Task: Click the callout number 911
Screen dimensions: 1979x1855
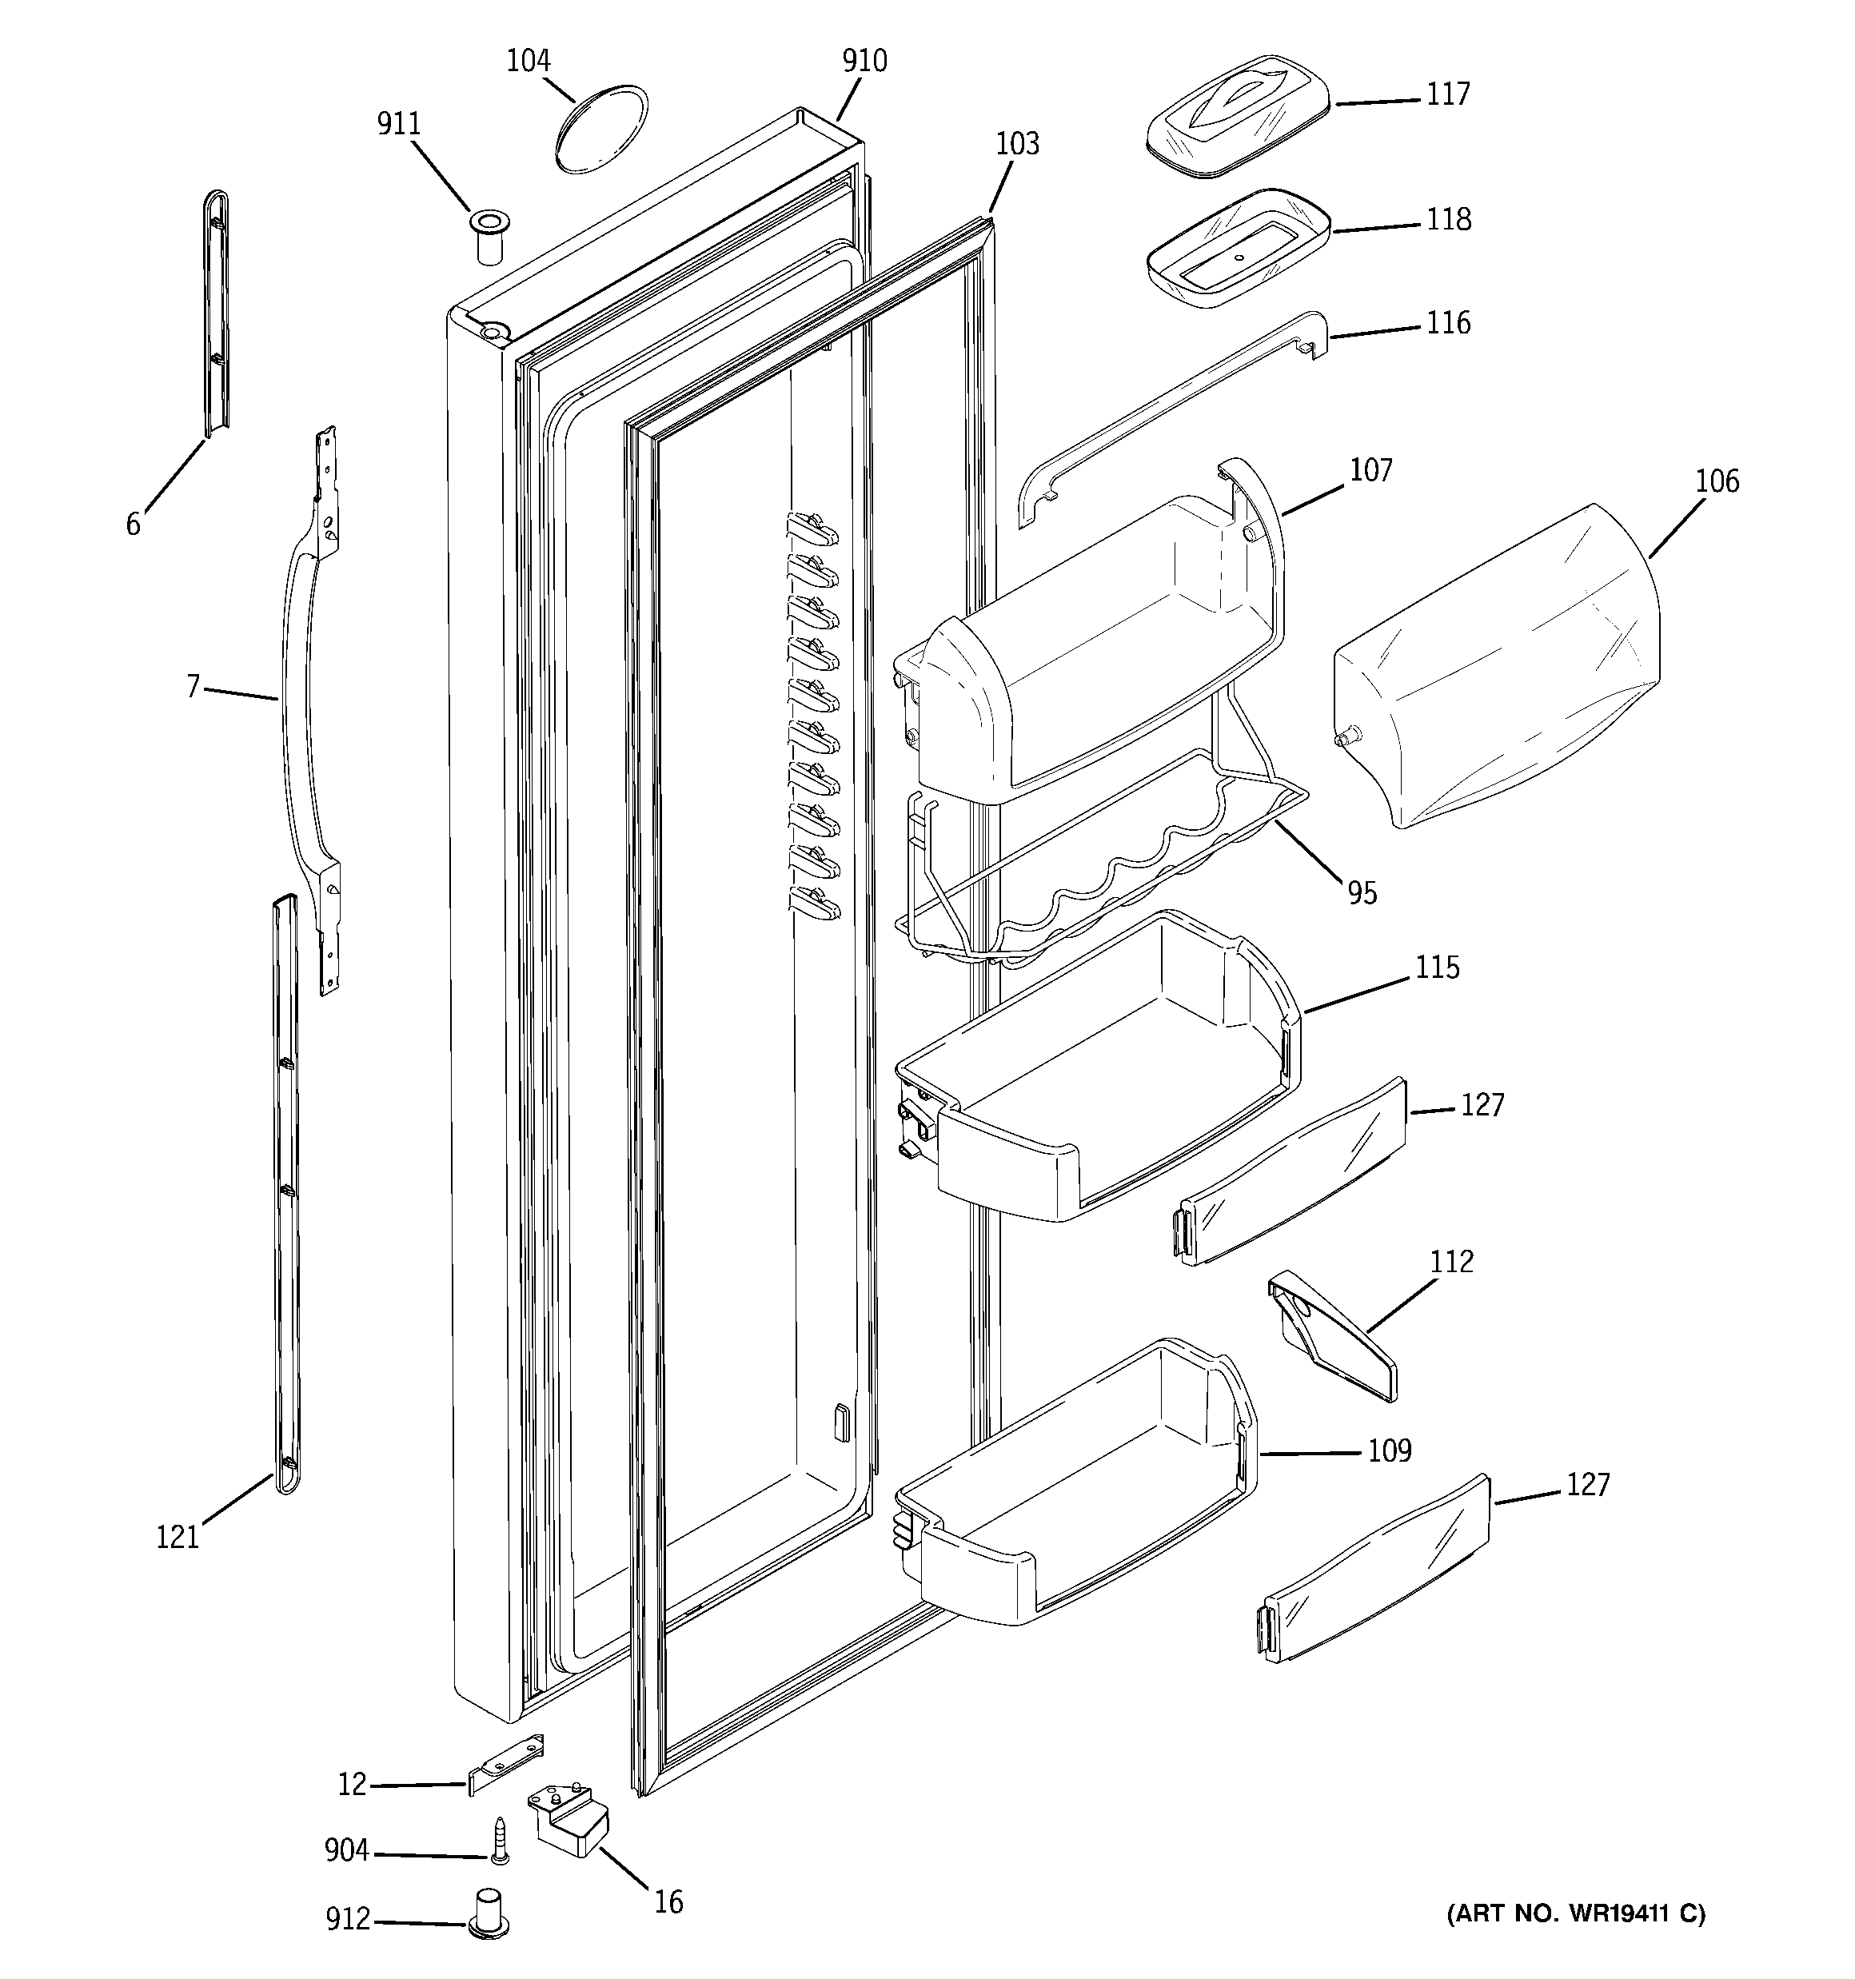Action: [x=398, y=125]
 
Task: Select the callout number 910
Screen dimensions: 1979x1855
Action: [x=864, y=62]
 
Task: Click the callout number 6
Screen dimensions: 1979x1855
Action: [x=134, y=524]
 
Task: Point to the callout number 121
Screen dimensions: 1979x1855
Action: [x=178, y=1537]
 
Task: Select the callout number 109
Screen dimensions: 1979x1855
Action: [x=1389, y=1450]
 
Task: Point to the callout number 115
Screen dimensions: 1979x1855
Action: [x=1438, y=968]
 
